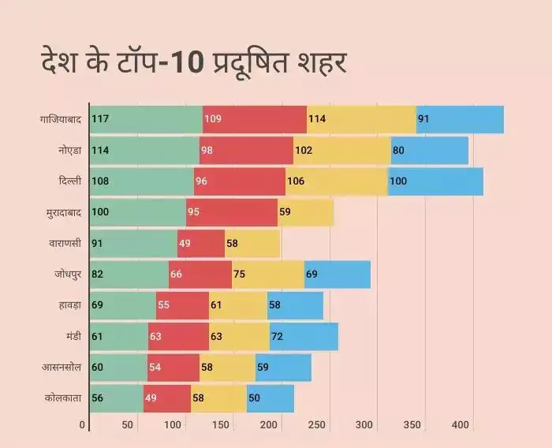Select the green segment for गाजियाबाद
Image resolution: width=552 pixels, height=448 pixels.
pos(146,119)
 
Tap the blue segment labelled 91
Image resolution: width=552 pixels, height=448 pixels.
pos(460,119)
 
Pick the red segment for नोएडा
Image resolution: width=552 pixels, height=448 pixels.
pos(246,150)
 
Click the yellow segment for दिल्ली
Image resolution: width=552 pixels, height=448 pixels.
pos(336,181)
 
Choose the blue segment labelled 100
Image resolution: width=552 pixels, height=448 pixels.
pos(435,181)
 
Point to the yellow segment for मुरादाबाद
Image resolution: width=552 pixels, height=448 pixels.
pos(305,212)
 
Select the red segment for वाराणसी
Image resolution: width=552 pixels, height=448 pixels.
pos(201,244)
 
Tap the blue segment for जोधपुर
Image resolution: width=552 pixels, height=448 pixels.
pos(338,274)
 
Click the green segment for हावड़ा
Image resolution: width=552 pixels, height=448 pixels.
pos(122,305)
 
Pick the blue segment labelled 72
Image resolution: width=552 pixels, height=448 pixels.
pos(304,337)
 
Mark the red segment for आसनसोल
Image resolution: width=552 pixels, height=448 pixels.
pos(173,368)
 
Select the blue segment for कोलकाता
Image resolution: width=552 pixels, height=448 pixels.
pos(270,398)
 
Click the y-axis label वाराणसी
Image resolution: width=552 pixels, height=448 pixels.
pos(65,244)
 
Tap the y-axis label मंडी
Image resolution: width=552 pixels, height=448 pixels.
pos(71,337)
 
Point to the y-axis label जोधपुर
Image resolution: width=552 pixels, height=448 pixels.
pos(67,274)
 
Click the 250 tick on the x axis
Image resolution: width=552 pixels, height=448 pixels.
pos(316,426)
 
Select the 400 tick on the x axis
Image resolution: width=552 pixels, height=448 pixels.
pos(460,426)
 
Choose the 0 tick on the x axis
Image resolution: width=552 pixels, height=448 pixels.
pos(82,426)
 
